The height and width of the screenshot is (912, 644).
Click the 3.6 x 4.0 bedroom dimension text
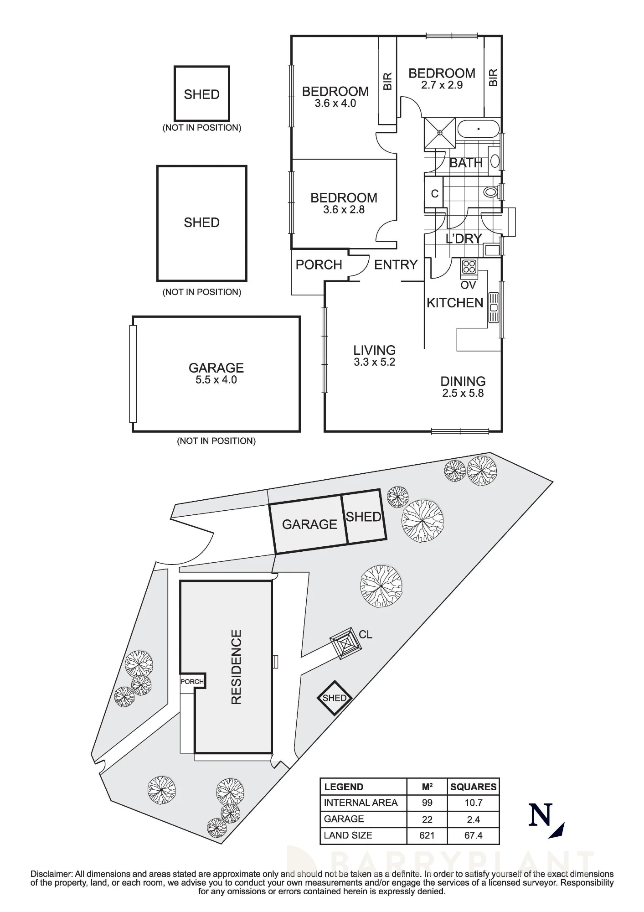[335, 104]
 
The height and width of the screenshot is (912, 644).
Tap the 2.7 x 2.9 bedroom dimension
[442, 85]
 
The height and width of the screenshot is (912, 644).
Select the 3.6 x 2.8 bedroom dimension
[344, 210]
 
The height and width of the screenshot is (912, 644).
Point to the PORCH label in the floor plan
[319, 264]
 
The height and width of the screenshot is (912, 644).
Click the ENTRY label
[396, 264]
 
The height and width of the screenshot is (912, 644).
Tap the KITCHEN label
[455, 303]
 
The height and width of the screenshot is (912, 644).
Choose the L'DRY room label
[464, 238]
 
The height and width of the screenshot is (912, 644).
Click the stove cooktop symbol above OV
[469, 266]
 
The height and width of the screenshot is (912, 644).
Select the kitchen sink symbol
[494, 308]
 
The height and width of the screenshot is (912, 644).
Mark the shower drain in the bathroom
[440, 133]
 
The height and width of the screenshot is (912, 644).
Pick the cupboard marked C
[434, 193]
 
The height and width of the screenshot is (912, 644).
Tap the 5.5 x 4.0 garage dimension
[216, 380]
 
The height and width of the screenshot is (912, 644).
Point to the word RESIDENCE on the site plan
[236, 667]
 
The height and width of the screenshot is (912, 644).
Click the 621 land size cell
[427, 835]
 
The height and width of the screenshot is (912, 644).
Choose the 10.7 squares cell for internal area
[474, 803]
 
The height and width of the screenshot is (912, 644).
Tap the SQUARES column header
[474, 787]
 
